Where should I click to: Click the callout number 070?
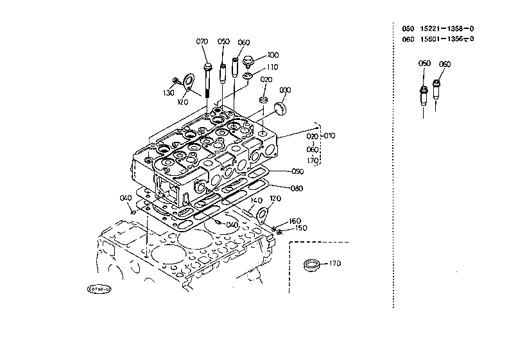pos(202,42)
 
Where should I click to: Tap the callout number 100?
pos(273,55)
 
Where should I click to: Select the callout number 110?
pos(273,67)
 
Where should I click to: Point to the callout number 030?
pos(286,89)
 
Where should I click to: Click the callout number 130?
pos(168,93)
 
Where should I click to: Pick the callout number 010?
pos(329,136)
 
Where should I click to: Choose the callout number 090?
pos(297,172)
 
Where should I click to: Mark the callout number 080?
pos(297,189)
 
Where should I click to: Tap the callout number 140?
pos(257,200)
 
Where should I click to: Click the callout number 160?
pos(295,221)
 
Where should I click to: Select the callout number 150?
pos(300,228)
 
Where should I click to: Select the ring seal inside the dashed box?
pos(313,264)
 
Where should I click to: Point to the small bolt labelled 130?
pos(177,80)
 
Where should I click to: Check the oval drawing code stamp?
pos(99,289)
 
